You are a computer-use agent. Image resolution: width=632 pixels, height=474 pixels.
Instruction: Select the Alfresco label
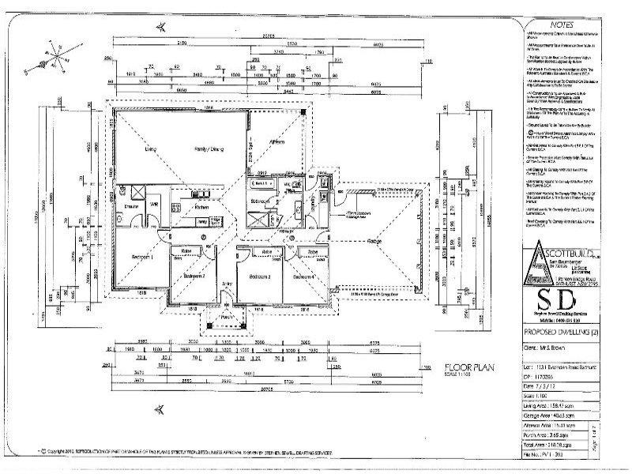pos(276,141)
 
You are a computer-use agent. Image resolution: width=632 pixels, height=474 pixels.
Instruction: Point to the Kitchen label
pos(201,209)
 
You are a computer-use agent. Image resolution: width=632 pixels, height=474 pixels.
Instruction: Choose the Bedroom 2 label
pos(194,276)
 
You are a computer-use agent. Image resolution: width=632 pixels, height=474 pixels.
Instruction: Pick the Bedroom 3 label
pos(260,277)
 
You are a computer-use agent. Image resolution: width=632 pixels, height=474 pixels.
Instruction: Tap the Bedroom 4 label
pos(303,277)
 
